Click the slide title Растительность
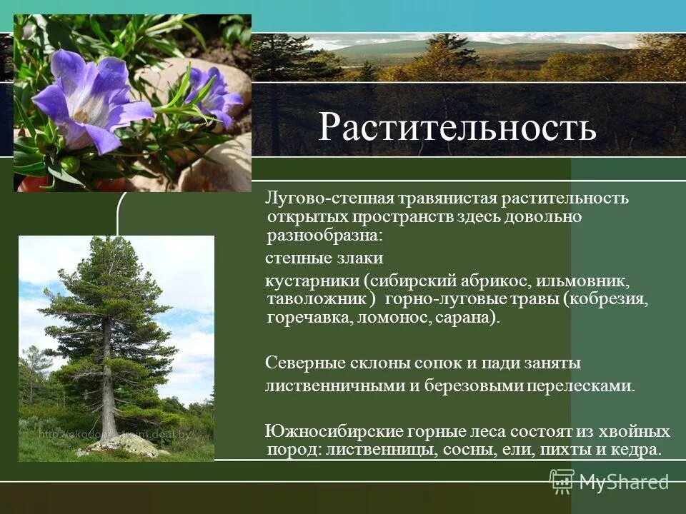tap(457, 126)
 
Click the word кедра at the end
tap(637, 450)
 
